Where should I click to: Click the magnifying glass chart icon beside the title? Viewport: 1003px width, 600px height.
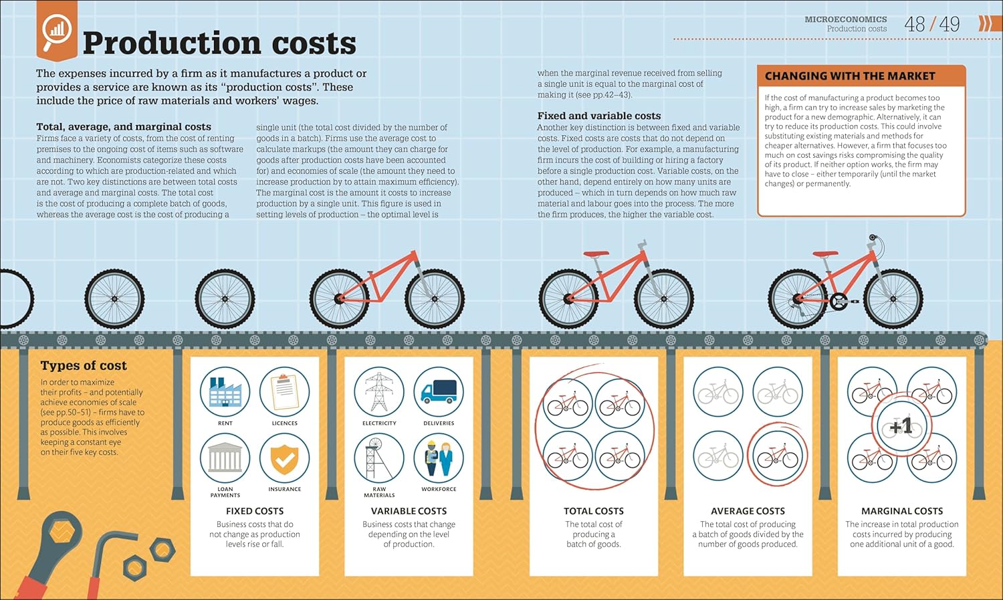pos(56,31)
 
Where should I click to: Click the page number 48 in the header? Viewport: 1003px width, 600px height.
pos(914,25)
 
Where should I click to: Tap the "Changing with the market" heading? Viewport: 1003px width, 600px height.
pos(849,76)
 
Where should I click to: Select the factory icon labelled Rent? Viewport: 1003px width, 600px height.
pos(225,392)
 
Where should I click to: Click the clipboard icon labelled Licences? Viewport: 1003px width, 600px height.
pos(284,392)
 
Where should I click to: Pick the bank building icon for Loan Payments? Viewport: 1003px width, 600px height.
pos(225,458)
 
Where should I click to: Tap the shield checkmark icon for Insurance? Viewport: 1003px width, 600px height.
pos(284,458)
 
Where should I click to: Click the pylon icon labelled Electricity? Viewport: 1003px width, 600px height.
pos(379,392)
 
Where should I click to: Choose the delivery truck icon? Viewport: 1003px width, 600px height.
pos(439,392)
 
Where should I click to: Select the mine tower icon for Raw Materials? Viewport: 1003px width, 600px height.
pos(379,458)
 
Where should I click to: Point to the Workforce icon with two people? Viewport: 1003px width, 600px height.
pos(439,458)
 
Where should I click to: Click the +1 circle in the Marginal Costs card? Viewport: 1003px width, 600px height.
pos(901,425)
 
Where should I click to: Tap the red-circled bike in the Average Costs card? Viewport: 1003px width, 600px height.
pos(777,458)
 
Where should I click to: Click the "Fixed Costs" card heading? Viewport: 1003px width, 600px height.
pos(255,511)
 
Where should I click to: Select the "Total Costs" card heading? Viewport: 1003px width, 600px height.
pos(594,511)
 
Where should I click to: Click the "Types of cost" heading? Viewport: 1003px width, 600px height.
pos(84,366)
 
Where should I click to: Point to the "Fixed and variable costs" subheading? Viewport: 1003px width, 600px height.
pos(599,116)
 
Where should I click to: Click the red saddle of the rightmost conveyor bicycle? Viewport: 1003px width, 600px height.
pos(825,254)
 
